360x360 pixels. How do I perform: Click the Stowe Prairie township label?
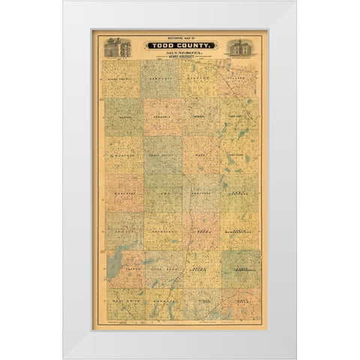pos(122,77)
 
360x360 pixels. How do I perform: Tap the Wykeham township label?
pos(122,157)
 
